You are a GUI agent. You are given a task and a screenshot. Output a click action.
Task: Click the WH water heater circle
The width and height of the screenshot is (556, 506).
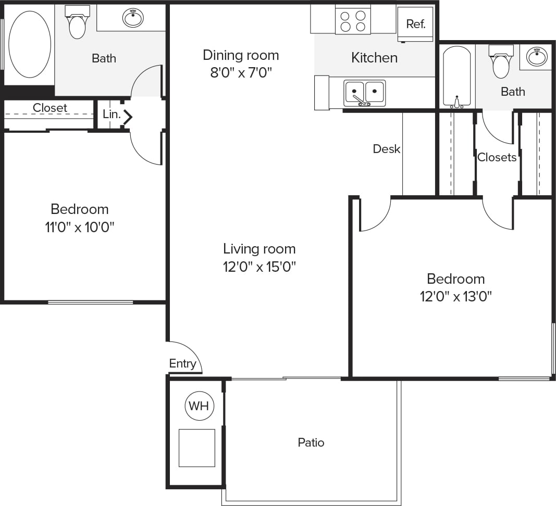click(x=199, y=406)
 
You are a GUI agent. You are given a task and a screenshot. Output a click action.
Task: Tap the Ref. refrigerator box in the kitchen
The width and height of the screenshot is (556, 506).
click(x=415, y=24)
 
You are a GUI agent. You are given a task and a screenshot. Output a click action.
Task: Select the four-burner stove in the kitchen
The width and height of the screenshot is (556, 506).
click(x=353, y=21)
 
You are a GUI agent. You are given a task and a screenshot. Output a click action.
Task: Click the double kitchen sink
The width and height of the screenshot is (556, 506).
click(x=365, y=93)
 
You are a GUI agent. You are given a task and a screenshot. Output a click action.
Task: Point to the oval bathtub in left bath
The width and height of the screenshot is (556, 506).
click(x=30, y=44)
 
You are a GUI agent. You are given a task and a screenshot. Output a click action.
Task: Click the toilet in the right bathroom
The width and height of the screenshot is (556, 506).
click(x=501, y=63)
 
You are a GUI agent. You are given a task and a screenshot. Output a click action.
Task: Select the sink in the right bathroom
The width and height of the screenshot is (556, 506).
click(x=537, y=56)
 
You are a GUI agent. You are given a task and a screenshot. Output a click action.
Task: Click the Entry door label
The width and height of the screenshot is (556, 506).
click(x=182, y=363)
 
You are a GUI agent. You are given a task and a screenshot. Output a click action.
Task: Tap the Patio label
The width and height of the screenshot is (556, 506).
click(x=311, y=442)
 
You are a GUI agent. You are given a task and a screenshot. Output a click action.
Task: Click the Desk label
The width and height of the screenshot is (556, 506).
click(x=387, y=149)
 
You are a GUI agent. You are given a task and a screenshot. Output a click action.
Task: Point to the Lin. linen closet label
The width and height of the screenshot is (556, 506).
click(x=112, y=115)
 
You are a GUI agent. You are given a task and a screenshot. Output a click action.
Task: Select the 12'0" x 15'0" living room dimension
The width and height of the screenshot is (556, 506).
click(x=260, y=267)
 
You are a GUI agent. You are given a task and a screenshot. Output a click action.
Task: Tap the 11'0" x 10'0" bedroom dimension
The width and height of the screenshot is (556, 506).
click(x=80, y=227)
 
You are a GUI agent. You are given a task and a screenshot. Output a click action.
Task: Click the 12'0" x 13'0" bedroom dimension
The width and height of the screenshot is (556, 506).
click(x=456, y=297)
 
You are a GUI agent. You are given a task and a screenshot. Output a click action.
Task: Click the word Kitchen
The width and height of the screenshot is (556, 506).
click(x=374, y=57)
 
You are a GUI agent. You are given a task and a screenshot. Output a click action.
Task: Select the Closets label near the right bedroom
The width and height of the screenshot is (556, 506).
click(x=497, y=157)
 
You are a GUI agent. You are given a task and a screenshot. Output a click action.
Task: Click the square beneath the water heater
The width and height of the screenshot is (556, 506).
click(x=197, y=448)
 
